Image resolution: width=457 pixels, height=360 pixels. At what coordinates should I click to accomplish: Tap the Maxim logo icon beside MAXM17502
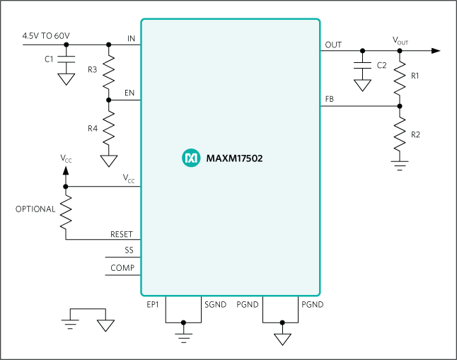190,158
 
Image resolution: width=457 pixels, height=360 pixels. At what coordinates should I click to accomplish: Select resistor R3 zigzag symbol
108,72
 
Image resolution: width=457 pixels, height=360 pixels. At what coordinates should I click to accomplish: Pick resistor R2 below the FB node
400,134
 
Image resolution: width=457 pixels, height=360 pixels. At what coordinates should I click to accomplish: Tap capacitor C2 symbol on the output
362,70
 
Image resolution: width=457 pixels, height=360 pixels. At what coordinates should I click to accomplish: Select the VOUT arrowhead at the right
435,50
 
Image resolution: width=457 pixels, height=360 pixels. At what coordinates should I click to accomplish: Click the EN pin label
129,93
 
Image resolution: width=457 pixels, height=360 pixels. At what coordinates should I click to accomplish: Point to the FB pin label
330,100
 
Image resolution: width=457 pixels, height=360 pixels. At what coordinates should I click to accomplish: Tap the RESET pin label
122,233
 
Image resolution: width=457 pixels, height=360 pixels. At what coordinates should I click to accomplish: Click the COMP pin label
122,268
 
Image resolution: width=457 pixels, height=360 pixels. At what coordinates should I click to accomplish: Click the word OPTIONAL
35,209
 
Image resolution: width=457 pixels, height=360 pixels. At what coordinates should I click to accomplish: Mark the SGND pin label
215,304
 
